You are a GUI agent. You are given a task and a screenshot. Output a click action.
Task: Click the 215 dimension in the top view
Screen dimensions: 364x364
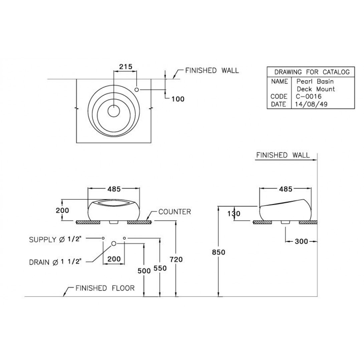tap(125, 67)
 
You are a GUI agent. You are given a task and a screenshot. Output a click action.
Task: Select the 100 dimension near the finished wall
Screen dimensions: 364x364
tap(177, 99)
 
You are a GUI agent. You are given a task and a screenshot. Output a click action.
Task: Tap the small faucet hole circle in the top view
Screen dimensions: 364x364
tap(137, 89)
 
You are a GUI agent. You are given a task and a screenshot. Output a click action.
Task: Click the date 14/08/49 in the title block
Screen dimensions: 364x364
tap(310, 104)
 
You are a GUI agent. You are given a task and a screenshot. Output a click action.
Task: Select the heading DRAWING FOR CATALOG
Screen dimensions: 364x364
tap(312, 72)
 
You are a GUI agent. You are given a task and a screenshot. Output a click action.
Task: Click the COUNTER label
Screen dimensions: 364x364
tap(175, 212)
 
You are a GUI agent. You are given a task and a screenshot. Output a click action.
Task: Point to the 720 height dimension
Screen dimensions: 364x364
tap(176, 259)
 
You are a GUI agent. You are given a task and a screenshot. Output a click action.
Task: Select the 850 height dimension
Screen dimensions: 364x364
tap(218, 252)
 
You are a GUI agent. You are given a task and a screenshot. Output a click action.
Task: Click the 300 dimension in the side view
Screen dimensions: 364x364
tap(301, 241)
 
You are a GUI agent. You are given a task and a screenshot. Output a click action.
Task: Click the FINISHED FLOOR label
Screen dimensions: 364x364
tap(105, 288)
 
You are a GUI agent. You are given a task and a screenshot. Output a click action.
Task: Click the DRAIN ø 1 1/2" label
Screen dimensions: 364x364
tap(55, 262)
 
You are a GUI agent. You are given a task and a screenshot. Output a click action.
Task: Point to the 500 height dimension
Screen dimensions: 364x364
tap(144, 271)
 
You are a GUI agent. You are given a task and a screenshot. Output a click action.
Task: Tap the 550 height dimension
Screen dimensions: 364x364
tap(160, 271)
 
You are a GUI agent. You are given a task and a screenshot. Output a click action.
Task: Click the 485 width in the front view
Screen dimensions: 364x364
tap(114, 189)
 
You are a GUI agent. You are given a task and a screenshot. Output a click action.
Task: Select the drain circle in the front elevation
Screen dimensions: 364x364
tap(114, 243)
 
